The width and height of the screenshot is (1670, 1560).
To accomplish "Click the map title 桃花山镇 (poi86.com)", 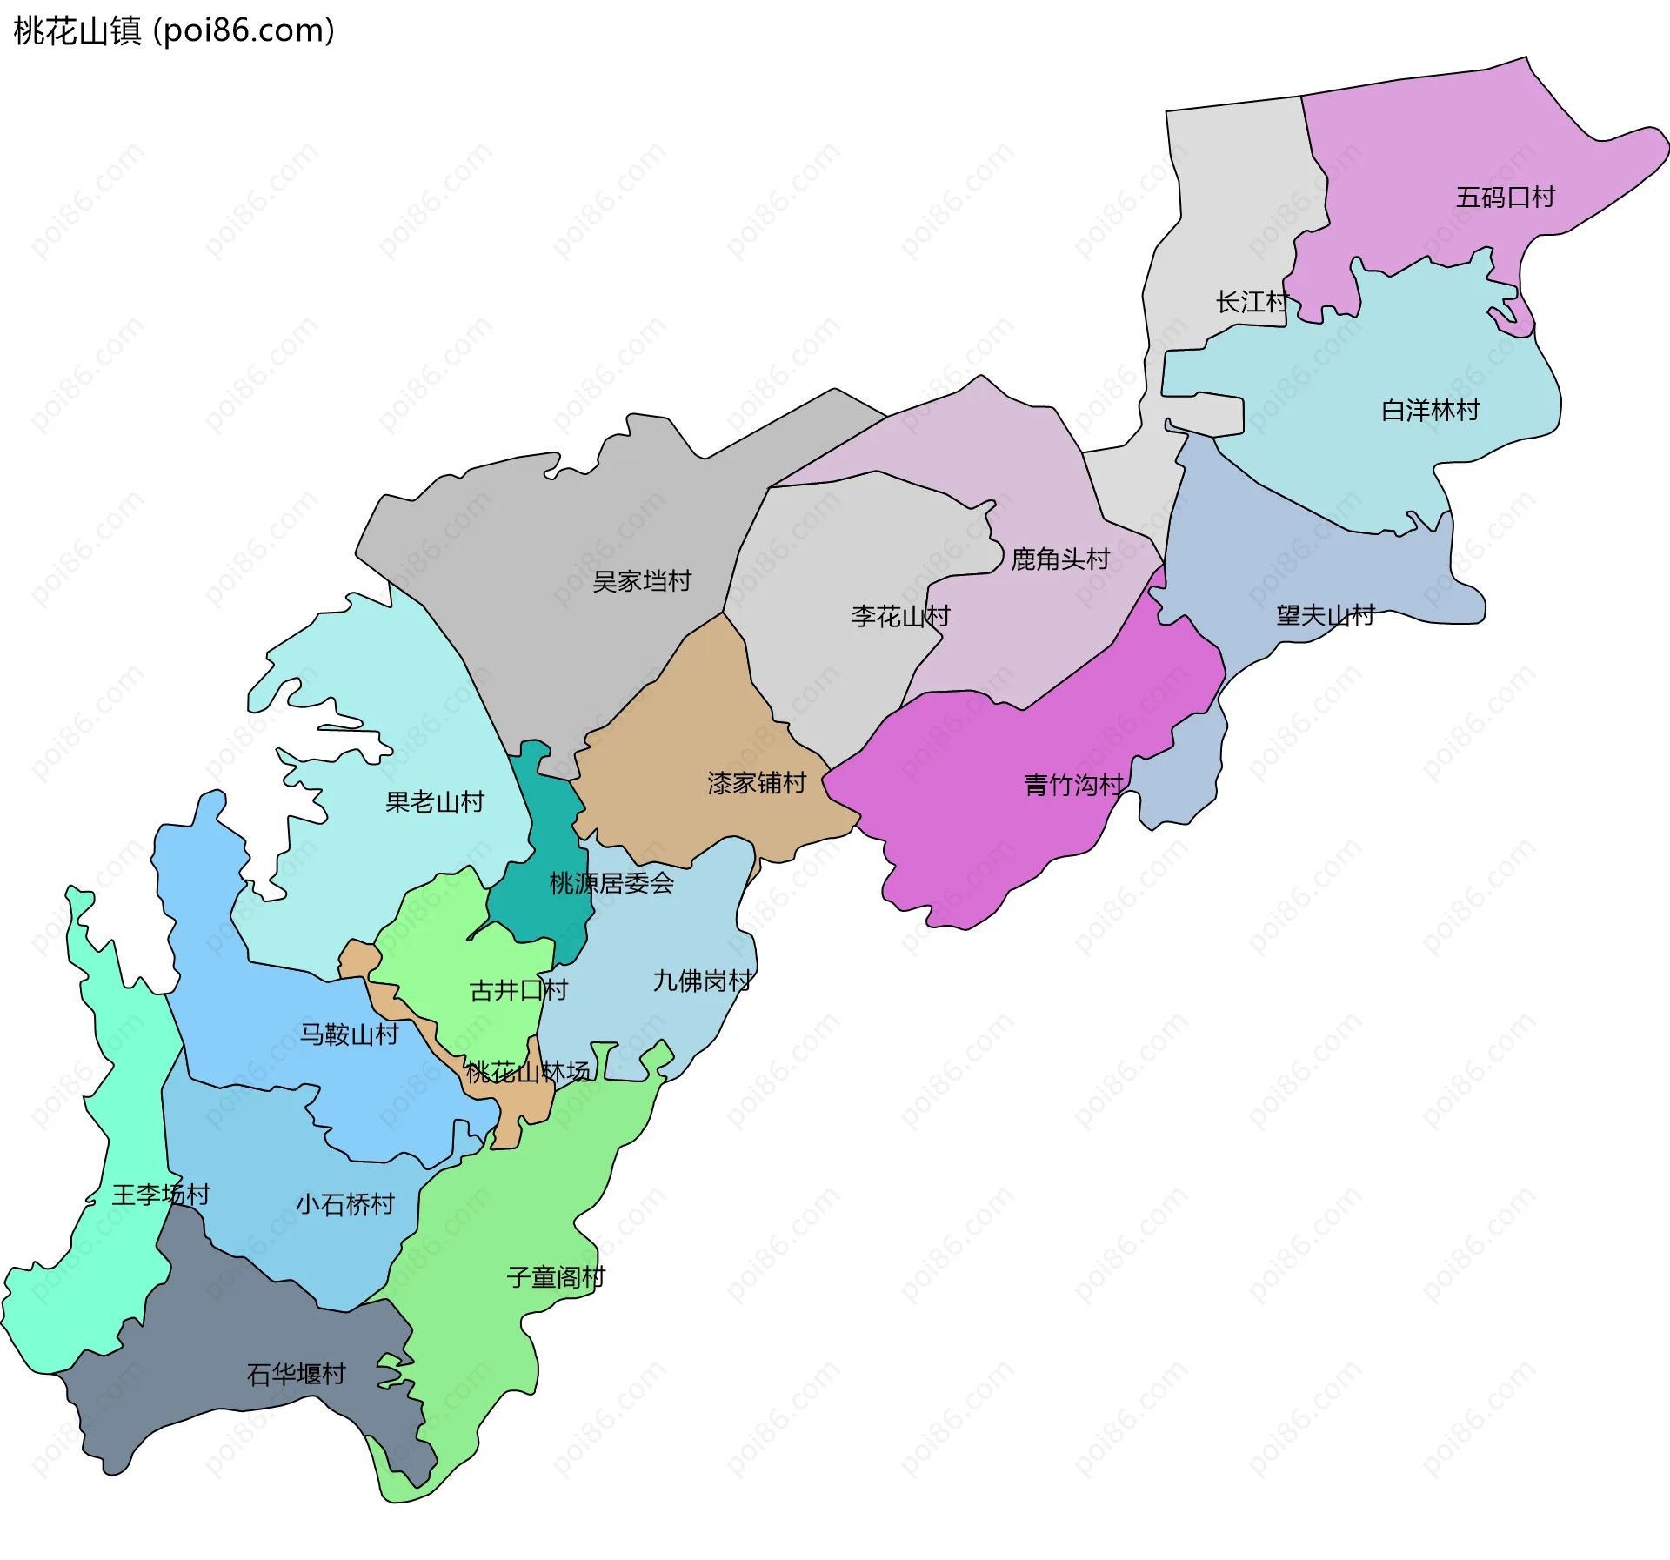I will coord(174,31).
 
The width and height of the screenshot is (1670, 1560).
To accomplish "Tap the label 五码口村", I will coord(1505,198).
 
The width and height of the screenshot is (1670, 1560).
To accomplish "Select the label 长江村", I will coord(1251,303).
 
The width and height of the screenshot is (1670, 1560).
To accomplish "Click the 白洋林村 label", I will coord(1430,410).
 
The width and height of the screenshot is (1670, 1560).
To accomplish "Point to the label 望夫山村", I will coord(1325,615).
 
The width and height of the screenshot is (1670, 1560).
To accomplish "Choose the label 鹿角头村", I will coord(1059,559).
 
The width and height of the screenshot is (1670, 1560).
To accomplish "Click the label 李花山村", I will coord(900,616).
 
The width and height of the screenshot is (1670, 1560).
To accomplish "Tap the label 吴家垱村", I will coord(641,580).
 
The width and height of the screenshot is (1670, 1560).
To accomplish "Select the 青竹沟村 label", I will coord(1073,785).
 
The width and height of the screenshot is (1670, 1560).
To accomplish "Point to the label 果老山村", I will coord(434,801).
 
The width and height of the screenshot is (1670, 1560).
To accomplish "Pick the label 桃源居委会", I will coord(611,883).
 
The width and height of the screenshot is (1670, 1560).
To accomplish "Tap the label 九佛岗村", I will coord(702,981).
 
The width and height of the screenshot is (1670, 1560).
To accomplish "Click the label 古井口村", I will coord(518,990).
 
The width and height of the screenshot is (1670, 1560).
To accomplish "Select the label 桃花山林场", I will coord(527,1072).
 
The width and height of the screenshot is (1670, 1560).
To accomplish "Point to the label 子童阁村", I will coord(556,1277).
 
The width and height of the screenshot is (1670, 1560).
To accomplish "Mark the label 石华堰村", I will coord(296,1374).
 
